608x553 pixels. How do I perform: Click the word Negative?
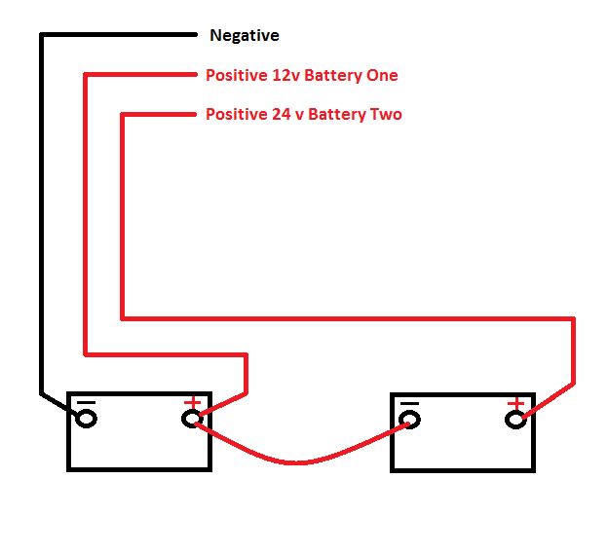245,36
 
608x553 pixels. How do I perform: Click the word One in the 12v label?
382,75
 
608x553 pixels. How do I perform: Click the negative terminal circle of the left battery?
87,419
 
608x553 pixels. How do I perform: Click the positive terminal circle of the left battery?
192,420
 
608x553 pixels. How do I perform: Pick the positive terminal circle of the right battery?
515,420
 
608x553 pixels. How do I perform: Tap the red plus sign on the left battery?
192,402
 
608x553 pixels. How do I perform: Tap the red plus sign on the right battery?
515,402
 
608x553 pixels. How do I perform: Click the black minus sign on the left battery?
87,402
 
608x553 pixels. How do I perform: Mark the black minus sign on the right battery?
410,402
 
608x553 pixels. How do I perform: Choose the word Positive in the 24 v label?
235,115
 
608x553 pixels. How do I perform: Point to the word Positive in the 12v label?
235,75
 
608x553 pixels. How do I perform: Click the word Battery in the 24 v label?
340,115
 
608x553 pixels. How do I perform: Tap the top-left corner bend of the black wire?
41,35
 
